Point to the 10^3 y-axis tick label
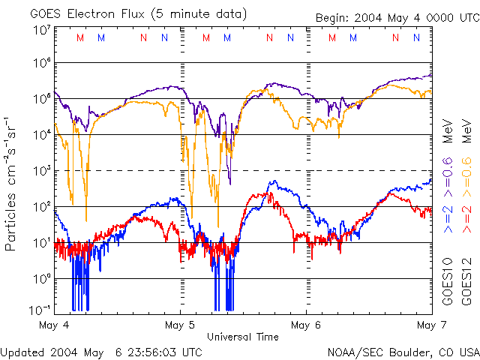41,172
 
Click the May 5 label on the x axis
180,325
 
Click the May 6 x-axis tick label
305,325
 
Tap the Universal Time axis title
244,336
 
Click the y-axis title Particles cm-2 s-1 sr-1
13,184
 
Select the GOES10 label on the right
447,281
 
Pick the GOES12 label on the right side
466,281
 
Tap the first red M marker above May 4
80,37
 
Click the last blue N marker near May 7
416,37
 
